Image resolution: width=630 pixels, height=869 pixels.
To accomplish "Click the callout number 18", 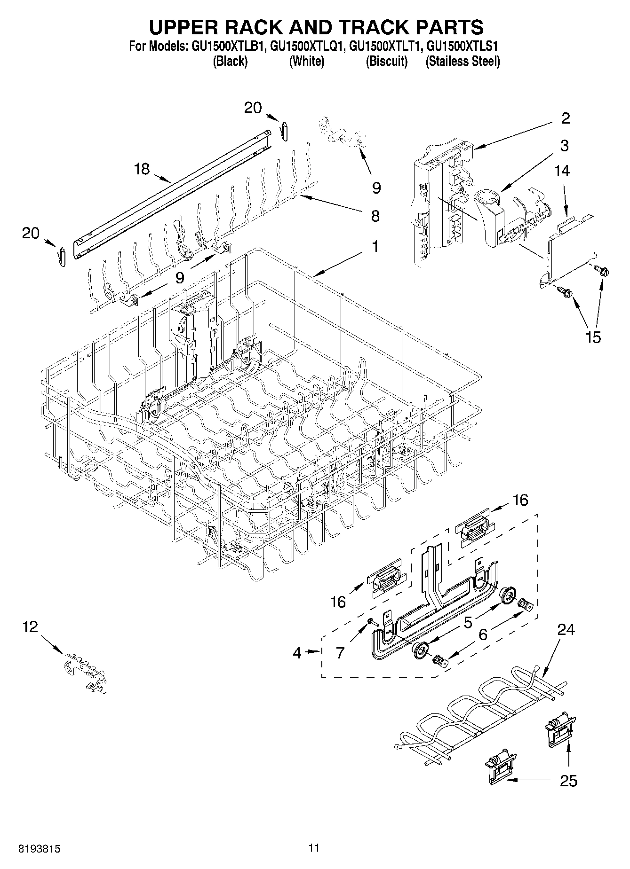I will click(142, 169).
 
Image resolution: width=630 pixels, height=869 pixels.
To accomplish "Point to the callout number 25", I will click(568, 781).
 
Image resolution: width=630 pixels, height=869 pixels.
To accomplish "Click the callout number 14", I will click(562, 171).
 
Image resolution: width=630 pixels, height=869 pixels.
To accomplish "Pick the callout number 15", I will click(593, 337).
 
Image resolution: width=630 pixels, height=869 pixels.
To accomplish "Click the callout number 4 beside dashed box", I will click(296, 653).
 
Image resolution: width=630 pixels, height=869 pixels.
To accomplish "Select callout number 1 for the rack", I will click(375, 246).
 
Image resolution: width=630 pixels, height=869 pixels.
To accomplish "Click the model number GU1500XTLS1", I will click(463, 47).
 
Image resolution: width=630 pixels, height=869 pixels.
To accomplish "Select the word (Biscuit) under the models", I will click(386, 61).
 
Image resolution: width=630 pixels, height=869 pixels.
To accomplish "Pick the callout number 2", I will click(566, 118).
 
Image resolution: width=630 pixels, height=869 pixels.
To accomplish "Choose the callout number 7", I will click(340, 652).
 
